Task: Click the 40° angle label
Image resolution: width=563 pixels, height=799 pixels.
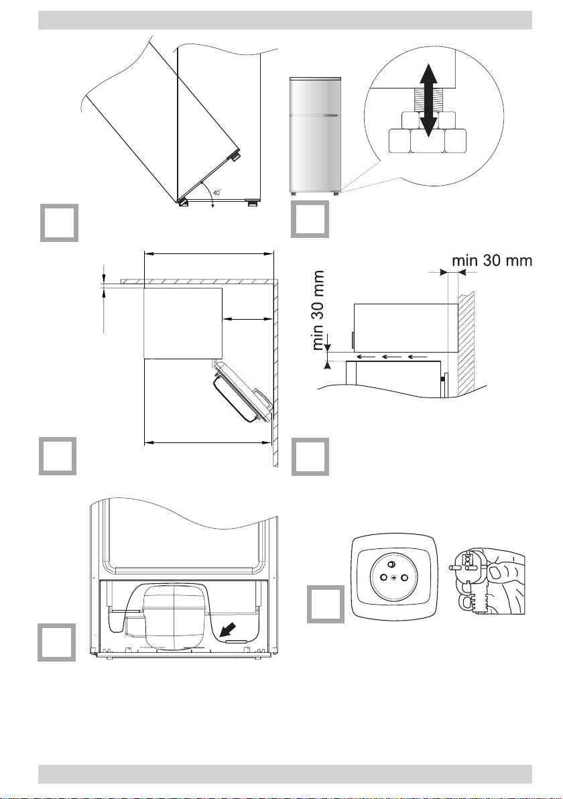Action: coord(217,192)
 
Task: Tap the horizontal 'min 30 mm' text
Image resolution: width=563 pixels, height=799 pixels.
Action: coord(492,261)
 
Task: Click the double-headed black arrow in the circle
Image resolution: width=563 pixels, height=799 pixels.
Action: coord(429,100)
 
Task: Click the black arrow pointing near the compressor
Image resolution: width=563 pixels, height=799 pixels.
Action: coord(228,630)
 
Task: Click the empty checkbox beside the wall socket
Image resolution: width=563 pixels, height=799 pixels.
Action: coord(325,604)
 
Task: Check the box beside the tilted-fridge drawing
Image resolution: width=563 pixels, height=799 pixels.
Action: coord(59,223)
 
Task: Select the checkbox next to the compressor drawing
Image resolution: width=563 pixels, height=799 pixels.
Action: coord(56,642)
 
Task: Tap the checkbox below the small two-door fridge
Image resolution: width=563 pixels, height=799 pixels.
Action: coord(310,219)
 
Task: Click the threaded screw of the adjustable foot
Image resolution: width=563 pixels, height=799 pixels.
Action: coord(421,100)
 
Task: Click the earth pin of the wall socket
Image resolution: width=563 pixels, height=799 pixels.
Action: coord(392,564)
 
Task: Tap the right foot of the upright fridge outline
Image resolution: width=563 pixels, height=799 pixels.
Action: coord(253,203)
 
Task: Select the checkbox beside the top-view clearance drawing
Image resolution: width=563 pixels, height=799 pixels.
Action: coord(58,456)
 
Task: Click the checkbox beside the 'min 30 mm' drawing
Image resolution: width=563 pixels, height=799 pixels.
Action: coord(310,456)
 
